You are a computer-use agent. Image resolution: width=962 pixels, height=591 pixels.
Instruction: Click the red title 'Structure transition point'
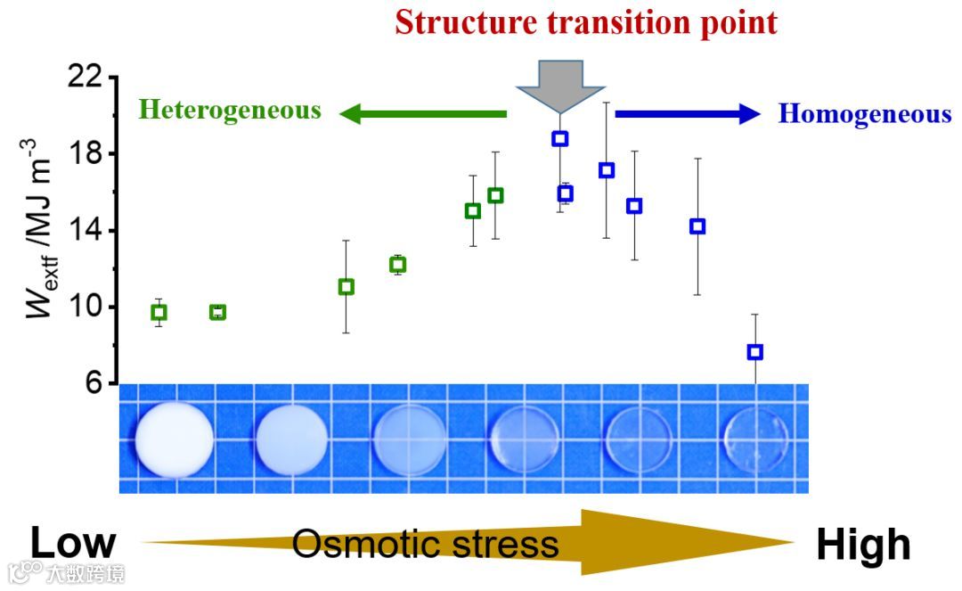[x=585, y=21]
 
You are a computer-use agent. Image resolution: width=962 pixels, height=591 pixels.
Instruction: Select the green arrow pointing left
[x=422, y=113]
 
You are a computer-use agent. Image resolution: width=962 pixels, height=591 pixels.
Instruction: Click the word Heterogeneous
[x=230, y=111]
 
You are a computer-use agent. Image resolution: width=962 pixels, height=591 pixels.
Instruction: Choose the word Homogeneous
[x=864, y=114]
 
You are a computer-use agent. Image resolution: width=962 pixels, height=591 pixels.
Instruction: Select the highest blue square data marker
[x=559, y=138]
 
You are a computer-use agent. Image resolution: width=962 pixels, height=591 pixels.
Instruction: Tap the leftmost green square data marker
[x=159, y=312]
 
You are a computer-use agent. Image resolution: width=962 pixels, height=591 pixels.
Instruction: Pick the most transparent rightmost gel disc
[x=755, y=439]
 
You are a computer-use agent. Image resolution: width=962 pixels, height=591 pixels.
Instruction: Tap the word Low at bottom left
[x=73, y=544]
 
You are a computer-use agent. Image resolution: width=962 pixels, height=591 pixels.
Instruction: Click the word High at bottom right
[x=863, y=546]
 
